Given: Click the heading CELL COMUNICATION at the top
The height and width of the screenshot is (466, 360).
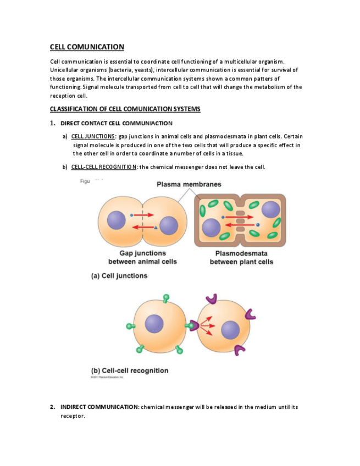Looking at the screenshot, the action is point(87,47).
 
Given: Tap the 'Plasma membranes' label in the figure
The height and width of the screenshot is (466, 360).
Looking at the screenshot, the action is point(189,184).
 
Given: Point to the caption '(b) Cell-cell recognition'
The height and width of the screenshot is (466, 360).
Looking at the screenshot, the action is point(130,370).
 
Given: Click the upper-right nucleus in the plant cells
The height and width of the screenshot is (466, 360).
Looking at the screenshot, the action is point(270,209).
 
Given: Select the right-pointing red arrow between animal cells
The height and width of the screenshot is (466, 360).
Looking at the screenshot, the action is point(144,215).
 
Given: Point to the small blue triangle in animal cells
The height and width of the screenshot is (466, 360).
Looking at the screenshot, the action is point(156,227).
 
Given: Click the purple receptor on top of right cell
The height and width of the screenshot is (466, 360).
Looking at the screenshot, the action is point(211,299).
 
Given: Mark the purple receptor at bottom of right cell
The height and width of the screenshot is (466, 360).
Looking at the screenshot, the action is point(240,350).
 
